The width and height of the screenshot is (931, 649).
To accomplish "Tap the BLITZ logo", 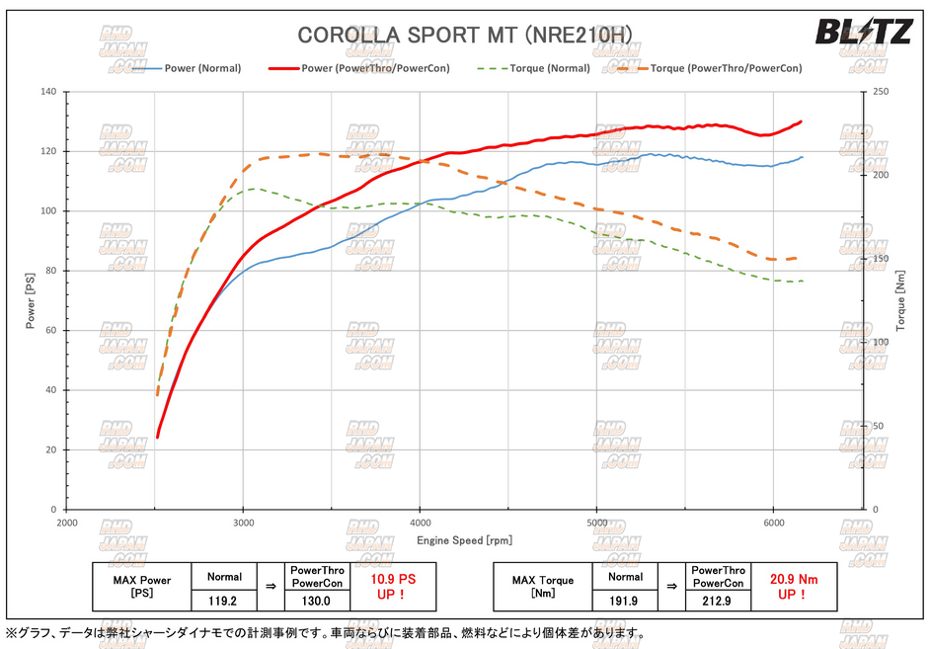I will coord(862,32).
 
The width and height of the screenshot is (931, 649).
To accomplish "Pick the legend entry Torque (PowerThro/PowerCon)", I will coord(726,69).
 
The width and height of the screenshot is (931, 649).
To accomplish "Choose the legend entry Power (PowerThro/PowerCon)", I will coord(375,69).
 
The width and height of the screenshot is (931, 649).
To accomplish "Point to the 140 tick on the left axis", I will coord(47,92).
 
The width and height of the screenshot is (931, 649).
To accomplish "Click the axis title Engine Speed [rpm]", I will coord(463,540).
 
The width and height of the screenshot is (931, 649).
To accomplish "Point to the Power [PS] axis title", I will coord(30,301).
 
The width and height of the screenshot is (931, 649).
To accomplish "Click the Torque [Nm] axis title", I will coord(900,301).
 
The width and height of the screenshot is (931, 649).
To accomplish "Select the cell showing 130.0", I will coord(317,599).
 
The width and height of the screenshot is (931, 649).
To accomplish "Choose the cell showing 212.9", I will coord(718,599).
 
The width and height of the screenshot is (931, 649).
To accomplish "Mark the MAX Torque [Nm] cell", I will coord(541,587).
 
